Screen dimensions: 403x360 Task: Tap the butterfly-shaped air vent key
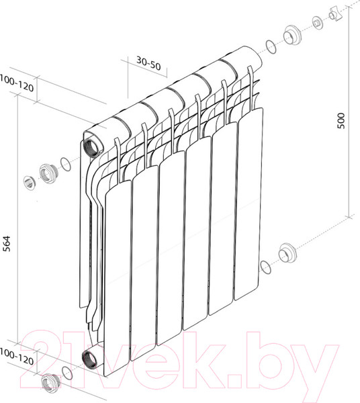[333, 14]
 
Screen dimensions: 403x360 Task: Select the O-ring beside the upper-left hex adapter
[65, 163]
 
